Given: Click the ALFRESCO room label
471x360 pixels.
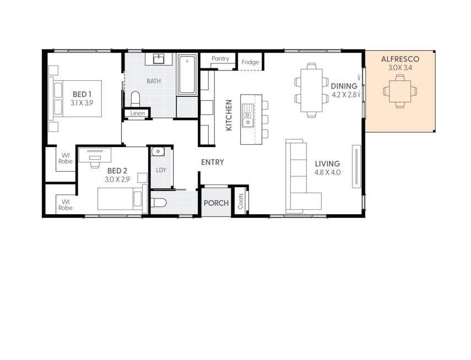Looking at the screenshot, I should pos(400,59).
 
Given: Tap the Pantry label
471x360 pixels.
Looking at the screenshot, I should pos(220,59).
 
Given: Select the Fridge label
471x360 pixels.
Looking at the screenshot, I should pos(250,62).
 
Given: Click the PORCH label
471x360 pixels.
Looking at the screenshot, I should pos(216,203).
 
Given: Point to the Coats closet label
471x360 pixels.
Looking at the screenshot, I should pos(241,202).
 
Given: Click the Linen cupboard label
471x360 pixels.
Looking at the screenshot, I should pos(138,114).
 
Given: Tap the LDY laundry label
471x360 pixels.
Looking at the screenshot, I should pos(161,170).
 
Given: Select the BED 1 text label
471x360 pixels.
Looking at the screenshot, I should pos(82,95).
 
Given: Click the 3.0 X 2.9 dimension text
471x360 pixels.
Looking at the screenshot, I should pos(117,179).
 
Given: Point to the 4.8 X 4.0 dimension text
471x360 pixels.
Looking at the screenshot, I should pos(328,172).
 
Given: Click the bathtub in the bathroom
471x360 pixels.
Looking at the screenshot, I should pos(187,74).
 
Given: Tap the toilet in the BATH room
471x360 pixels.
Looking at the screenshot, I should pos(135,99).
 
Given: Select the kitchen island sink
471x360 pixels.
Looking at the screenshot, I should pos(247,116).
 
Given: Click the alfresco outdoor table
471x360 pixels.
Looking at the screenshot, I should pos(400,91).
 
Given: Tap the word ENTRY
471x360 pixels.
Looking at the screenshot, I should pos(212,162).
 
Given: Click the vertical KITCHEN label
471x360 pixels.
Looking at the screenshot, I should pos(229,115).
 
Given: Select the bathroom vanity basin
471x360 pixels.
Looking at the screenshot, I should pos(159,58).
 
